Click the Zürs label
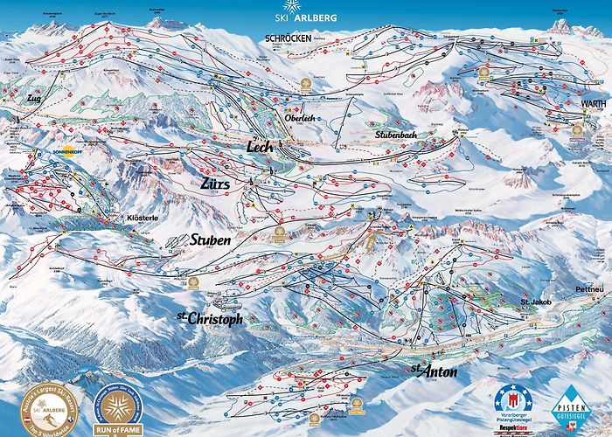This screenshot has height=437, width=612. (x=213, y=182)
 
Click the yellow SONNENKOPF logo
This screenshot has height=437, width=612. (x=71, y=149)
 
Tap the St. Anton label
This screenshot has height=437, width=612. (x=434, y=371)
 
